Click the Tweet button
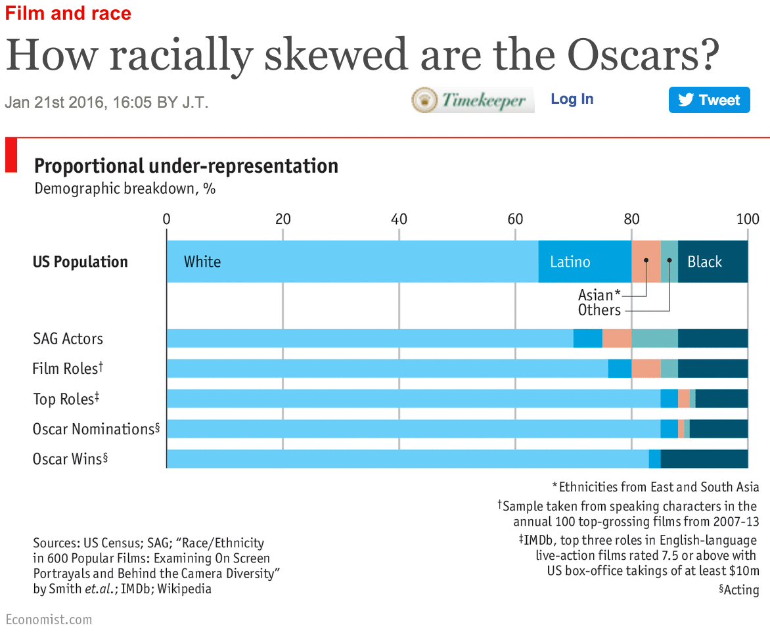click(709, 100)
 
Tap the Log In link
click(572, 99)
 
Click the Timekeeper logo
click(473, 100)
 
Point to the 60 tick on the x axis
click(515, 219)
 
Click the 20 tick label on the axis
click(283, 219)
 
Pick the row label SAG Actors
click(68, 339)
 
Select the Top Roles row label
click(66, 399)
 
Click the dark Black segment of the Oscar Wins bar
click(704, 459)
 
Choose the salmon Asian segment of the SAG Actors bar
click(616, 338)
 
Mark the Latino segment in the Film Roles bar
click(619, 369)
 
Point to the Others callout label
click(599, 310)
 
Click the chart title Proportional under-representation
click(186, 166)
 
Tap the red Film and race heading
click(68, 13)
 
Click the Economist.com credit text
click(49, 620)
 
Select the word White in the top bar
click(202, 262)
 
